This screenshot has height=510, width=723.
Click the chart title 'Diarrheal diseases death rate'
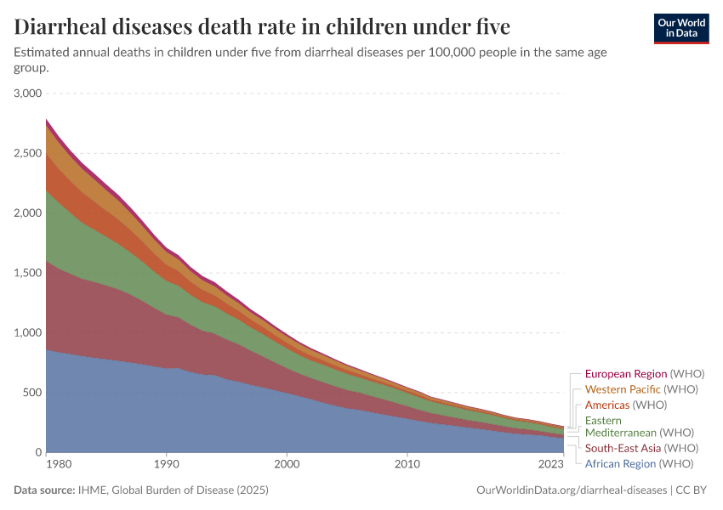coord(262,27)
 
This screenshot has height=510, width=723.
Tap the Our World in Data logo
coord(680,28)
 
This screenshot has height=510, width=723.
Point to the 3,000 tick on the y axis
coord(28,93)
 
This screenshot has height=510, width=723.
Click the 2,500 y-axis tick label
coord(28,153)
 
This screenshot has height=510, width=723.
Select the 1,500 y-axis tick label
coord(28,273)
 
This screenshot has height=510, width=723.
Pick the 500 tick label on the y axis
coord(32,393)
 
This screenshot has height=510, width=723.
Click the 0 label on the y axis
coord(38,452)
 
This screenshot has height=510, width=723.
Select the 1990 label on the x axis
coord(166,465)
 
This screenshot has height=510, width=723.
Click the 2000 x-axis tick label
coord(287,465)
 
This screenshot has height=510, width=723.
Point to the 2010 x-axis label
coord(407,465)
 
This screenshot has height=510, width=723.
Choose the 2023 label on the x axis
coord(551,465)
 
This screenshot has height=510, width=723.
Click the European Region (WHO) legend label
coord(645,374)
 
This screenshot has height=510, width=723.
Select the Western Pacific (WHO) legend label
coord(641,389)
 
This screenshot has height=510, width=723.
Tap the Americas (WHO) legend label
coord(626,405)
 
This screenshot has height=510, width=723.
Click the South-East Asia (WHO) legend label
coord(641,448)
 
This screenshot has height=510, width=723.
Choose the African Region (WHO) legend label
coord(639,463)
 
